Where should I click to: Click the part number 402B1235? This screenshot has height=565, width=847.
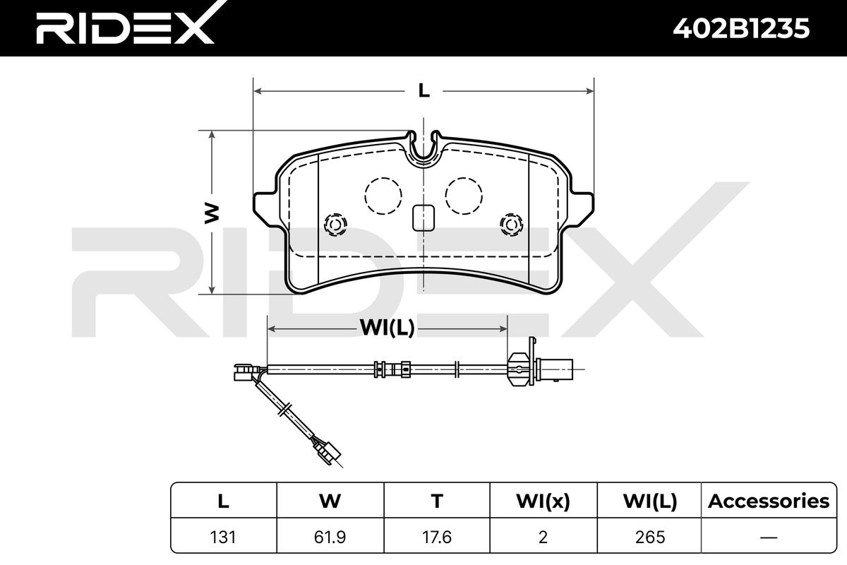click(x=741, y=28)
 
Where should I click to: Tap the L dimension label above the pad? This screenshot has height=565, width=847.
click(x=423, y=90)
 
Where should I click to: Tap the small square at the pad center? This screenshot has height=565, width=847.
click(x=423, y=218)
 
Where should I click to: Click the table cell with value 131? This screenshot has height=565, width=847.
click(x=223, y=537)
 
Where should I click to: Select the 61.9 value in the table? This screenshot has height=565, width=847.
click(x=330, y=537)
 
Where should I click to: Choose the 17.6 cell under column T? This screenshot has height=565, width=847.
click(x=437, y=537)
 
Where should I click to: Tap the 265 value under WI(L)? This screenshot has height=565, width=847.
click(x=650, y=537)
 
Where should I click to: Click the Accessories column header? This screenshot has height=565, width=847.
click(x=768, y=501)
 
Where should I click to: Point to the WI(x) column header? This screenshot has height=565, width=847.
click(x=543, y=501)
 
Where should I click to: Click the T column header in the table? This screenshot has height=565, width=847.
click(x=437, y=501)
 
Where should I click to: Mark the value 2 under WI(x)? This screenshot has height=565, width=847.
click(x=543, y=537)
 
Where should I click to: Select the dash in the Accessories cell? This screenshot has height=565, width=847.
click(x=768, y=537)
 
